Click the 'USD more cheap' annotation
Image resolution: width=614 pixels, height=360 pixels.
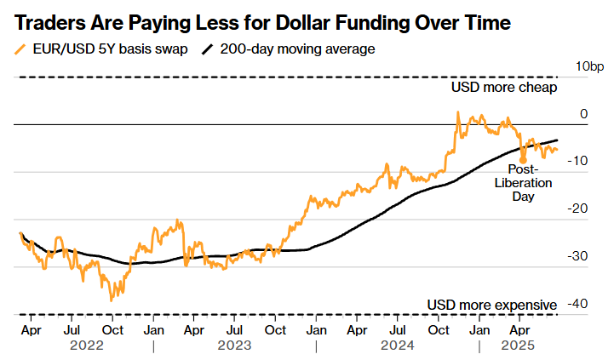(x=504, y=87)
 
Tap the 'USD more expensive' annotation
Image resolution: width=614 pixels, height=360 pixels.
(x=492, y=305)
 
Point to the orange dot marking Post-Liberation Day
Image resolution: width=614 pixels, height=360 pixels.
(x=523, y=159)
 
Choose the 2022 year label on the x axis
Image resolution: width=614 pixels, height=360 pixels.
(x=87, y=346)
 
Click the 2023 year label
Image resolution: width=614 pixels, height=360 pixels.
(x=234, y=346)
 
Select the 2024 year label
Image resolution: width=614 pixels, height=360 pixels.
(x=397, y=346)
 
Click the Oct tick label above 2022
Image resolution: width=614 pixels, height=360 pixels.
(x=112, y=329)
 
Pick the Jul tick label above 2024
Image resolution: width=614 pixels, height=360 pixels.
(x=397, y=329)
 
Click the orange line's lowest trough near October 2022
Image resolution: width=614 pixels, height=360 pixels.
(x=111, y=300)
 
